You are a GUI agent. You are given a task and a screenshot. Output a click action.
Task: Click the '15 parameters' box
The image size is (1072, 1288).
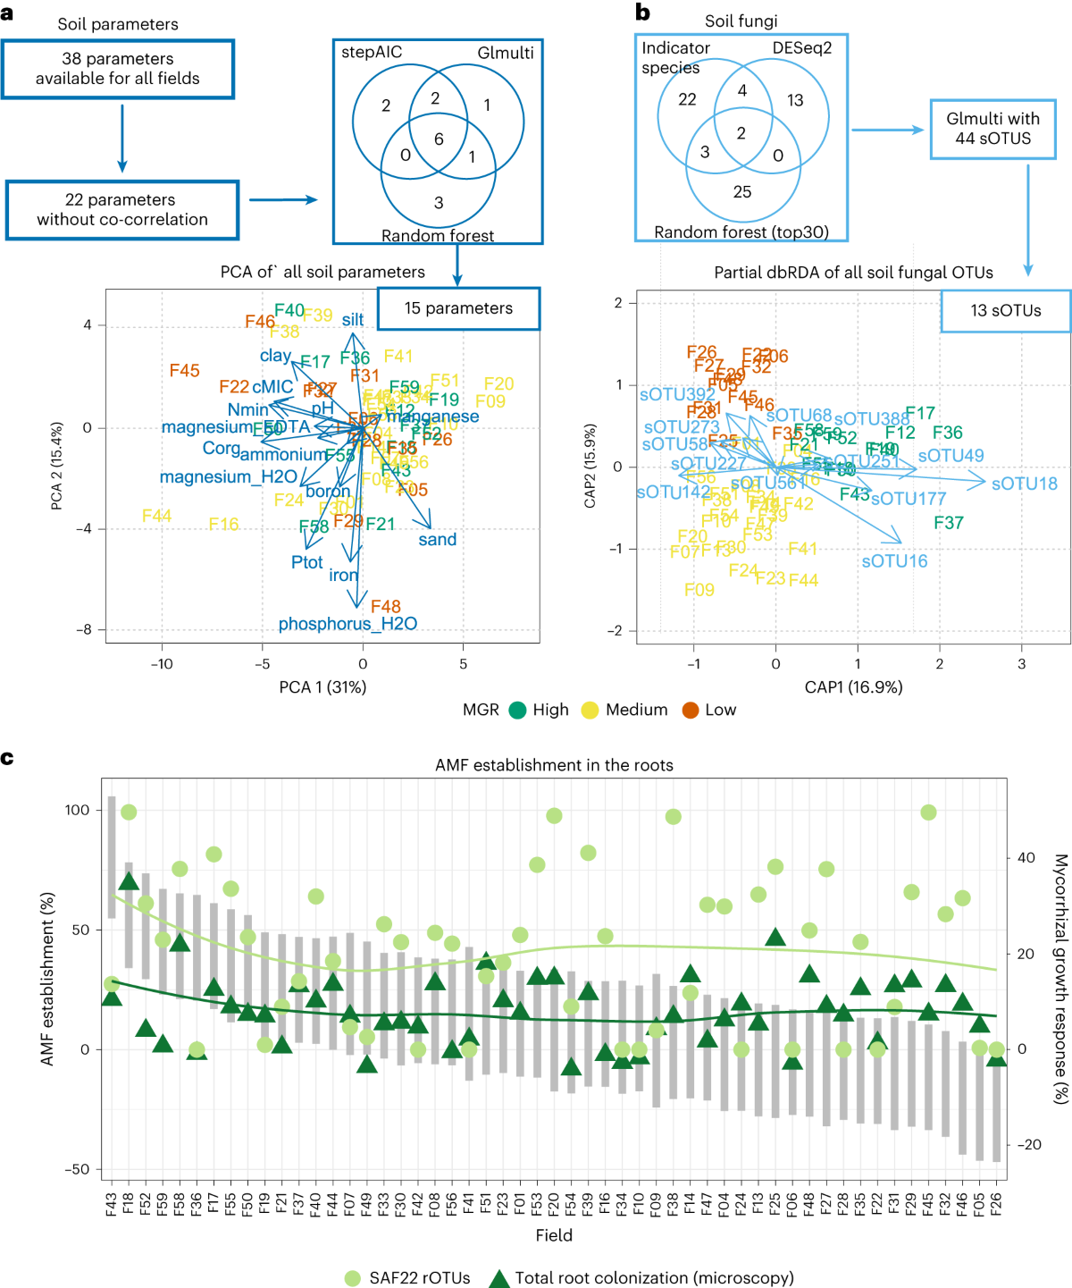coord(458,308)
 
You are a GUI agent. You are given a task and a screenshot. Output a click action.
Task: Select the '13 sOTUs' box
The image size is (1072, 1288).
coord(1005,311)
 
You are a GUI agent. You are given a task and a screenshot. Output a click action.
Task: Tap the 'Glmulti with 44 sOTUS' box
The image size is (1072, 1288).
coord(992,129)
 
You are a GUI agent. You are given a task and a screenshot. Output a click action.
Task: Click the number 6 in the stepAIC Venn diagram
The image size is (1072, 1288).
coord(439,139)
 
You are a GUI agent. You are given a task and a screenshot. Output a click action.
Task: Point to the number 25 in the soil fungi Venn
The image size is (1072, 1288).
coord(742,191)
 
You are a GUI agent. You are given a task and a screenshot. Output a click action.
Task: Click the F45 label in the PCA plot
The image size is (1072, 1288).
coord(185,370)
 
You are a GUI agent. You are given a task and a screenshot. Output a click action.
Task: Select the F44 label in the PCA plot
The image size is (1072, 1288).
coord(156,516)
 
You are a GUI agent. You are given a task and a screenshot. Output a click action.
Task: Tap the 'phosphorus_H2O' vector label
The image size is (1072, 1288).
coord(348,624)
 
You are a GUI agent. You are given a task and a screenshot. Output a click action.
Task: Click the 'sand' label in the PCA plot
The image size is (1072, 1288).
coord(437,539)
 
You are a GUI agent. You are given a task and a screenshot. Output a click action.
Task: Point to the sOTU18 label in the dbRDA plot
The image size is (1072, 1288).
coord(1025,484)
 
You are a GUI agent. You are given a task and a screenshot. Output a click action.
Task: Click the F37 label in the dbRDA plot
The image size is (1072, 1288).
coord(949,522)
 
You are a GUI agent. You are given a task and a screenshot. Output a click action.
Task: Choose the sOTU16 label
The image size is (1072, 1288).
coord(894,561)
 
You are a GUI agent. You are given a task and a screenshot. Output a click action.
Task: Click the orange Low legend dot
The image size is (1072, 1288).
coord(691,710)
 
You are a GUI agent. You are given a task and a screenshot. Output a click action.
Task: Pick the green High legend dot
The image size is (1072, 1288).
coord(517,710)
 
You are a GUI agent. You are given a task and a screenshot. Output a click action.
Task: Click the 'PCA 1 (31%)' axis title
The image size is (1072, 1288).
coord(322,687)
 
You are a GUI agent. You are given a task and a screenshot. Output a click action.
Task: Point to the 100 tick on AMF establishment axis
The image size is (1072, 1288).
coord(77,810)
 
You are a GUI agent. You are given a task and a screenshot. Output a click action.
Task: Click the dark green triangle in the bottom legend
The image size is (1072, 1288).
coord(499,1278)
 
